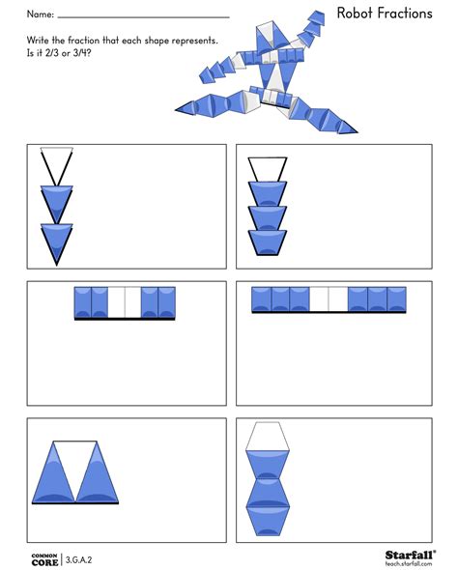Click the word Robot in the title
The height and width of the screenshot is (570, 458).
point(357,13)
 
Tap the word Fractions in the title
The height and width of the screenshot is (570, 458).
point(409,13)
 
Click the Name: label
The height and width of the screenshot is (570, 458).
point(40,14)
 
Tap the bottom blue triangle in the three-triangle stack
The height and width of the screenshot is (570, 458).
point(57,242)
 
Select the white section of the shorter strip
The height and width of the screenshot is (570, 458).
point(125,301)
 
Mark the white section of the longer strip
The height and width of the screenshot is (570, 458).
point(329,299)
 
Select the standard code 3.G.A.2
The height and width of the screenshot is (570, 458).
point(83,558)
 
